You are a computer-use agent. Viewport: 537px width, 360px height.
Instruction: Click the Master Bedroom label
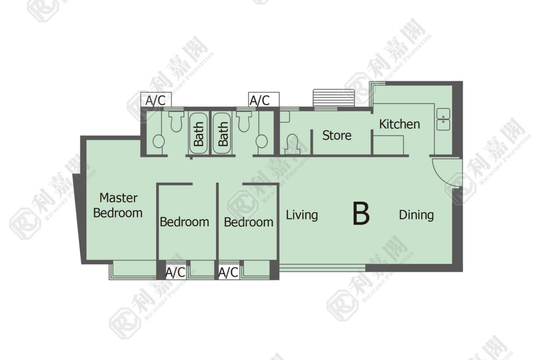(118, 205)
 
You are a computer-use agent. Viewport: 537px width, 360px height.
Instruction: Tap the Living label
(302, 215)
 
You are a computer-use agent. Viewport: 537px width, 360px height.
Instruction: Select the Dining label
(416, 215)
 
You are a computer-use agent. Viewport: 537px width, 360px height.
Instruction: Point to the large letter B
(361, 214)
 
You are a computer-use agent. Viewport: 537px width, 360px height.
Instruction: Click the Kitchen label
(399, 124)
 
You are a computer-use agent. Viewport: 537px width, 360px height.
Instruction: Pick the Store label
(336, 135)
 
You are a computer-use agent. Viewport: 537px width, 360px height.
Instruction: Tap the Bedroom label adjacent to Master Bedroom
(184, 222)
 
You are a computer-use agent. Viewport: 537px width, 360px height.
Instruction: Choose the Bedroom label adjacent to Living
(249, 222)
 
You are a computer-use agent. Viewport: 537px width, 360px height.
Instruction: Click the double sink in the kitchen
(443, 119)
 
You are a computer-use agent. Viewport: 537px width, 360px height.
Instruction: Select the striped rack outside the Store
(334, 98)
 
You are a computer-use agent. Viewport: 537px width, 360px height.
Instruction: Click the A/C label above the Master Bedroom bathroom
(156, 100)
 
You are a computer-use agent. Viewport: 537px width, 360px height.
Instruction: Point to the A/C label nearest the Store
(260, 100)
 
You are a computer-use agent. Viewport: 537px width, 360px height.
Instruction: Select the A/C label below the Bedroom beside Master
(175, 273)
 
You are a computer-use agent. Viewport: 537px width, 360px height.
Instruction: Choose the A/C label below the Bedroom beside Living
(229, 273)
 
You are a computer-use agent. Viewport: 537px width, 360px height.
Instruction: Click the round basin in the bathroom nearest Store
(262, 141)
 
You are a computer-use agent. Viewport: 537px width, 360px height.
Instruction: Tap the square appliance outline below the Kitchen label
(388, 145)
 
